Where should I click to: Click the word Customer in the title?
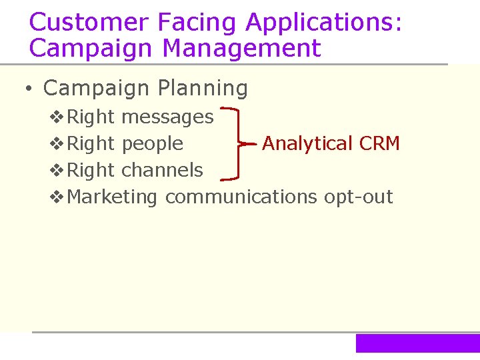[x=89, y=22]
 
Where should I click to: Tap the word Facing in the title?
[x=197, y=22]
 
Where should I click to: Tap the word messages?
[x=168, y=117]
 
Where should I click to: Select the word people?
[x=153, y=143]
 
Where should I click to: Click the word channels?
[x=163, y=170]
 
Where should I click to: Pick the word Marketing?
[x=113, y=197]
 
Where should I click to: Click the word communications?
[x=241, y=197]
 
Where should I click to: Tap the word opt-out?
[x=359, y=197]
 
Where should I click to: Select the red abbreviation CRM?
[x=379, y=143]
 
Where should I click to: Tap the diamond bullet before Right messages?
[x=57, y=117]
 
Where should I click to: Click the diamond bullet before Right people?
[x=57, y=144]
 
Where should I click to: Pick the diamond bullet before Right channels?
[x=57, y=171]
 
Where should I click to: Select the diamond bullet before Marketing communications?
[x=57, y=197]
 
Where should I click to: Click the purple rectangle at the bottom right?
[x=417, y=343]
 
